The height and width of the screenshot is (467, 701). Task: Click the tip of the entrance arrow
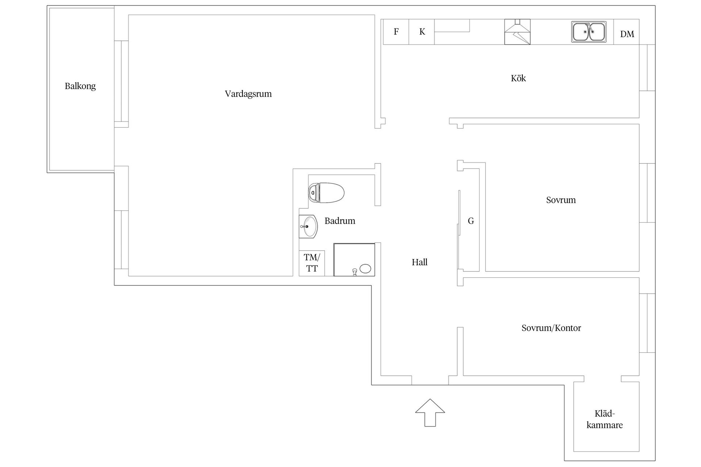click(x=430, y=399)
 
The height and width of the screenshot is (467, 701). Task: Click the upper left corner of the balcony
click(x=50, y=8)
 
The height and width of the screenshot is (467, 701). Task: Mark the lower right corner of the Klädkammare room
click(x=639, y=451)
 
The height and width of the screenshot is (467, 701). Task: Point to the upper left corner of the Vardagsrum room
click(x=129, y=15)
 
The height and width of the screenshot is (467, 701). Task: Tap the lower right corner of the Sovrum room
click(x=639, y=271)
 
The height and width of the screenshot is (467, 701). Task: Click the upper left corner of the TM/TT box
click(x=299, y=251)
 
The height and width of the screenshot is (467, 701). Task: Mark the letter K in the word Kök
click(x=513, y=78)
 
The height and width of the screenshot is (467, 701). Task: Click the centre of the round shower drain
click(x=365, y=269)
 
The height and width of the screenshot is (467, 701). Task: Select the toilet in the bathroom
click(x=326, y=193)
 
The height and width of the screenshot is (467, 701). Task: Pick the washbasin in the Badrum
click(x=309, y=227)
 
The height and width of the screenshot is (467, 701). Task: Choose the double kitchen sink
click(x=589, y=32)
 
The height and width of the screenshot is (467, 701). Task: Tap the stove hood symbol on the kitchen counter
click(x=517, y=32)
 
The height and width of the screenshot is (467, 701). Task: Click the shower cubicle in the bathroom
click(x=354, y=259)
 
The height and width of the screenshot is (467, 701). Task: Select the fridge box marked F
click(x=396, y=32)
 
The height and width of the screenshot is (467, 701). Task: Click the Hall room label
click(x=420, y=262)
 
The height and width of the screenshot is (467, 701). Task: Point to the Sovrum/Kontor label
click(x=551, y=328)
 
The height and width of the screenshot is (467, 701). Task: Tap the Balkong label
click(x=80, y=86)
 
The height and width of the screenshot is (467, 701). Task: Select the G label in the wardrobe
click(x=471, y=221)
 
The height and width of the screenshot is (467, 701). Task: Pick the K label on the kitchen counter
click(x=422, y=32)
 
